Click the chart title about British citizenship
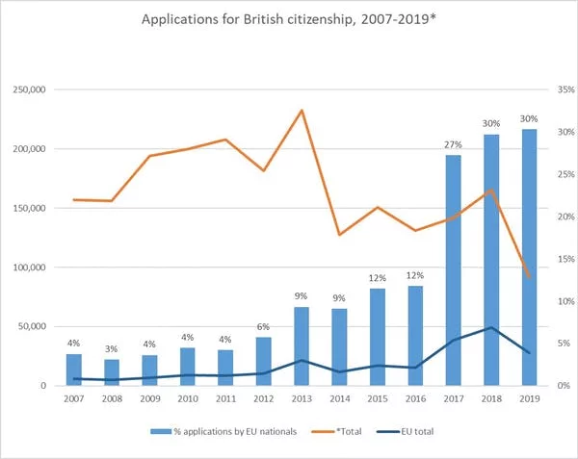point(289,19)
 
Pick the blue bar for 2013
point(302,346)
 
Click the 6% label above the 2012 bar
point(263,327)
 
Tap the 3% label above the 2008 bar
point(112,350)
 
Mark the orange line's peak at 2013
point(302,110)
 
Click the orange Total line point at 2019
point(529,277)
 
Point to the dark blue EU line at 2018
point(491,327)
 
